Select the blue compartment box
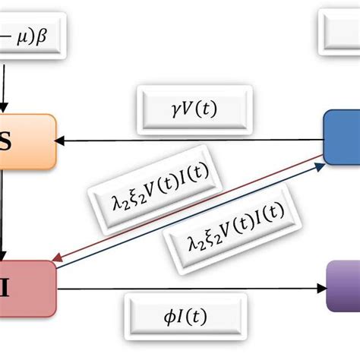[342, 136]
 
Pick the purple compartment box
[343, 285]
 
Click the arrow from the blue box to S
[190, 141]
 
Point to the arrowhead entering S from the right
[63, 141]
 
